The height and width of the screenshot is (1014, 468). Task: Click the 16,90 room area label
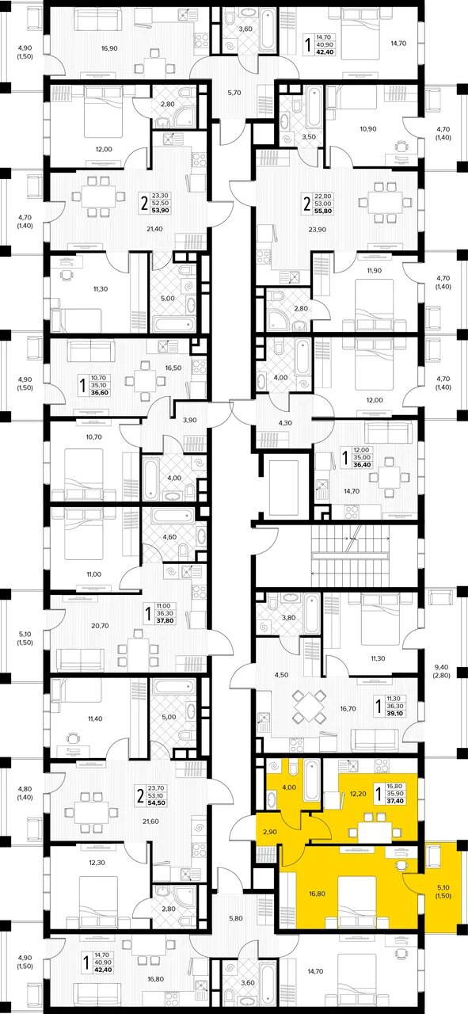pos(109,48)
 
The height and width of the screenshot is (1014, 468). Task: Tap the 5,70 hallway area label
pos(234,93)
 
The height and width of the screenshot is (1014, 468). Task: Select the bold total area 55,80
pos(324,211)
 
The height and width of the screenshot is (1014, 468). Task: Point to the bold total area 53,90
pos(160,211)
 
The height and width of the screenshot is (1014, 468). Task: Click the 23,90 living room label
pos(318,230)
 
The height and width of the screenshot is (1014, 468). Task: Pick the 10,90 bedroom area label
pos(368,129)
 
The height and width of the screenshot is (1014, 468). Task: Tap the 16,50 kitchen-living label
pos(173,368)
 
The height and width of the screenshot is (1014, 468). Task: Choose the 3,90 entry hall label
pos(189,420)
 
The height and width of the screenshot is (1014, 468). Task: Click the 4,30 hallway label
pos(285,423)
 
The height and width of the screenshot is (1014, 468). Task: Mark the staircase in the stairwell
pos(350,556)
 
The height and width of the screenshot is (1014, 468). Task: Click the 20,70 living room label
pos(101,626)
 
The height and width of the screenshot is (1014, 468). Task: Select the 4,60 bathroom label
pos(169,537)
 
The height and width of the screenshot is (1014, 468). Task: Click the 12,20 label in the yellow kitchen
pos(358,793)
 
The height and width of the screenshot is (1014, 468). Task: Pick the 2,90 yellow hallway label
pos(269,832)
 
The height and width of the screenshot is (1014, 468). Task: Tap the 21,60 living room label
pos(150,821)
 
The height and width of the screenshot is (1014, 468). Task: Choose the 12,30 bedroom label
pos(97,863)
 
